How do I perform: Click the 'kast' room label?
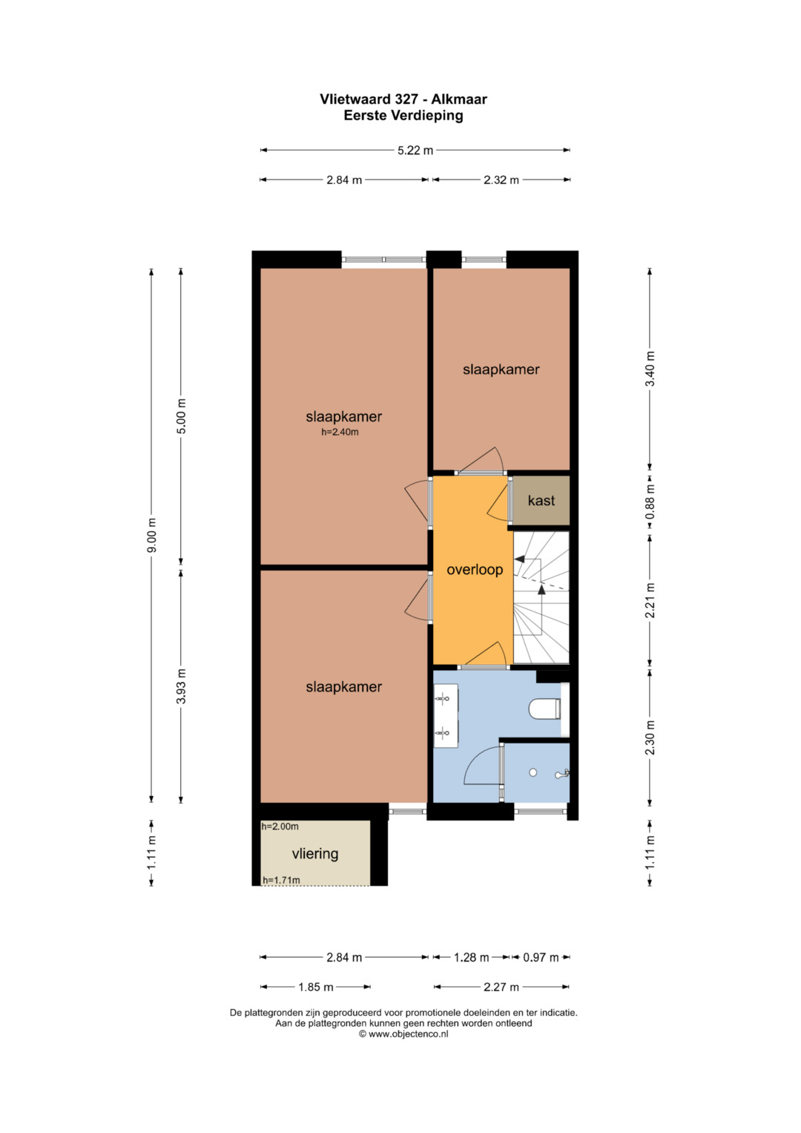pos(541,501)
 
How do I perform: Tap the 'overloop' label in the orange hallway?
pos(475,570)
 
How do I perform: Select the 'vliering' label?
pos(315,854)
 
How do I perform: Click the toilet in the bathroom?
pos(544,708)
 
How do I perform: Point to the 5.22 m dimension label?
pos(415,150)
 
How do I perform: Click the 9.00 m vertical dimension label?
pos(152,536)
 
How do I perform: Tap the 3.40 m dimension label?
pos(650,369)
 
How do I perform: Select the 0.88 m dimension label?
pos(650,502)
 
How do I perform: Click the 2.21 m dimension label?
pos(650,600)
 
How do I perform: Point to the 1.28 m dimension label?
pos(471,957)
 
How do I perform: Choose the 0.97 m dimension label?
pos(541,957)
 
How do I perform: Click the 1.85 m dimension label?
pos(315,987)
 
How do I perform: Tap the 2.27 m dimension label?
pos(501,987)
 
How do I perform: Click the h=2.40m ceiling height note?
pos(340,433)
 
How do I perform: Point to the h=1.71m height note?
pos(281,880)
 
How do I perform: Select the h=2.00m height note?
pos(280,827)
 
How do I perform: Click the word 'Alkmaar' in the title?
pos(459,99)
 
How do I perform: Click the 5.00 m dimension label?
pos(182,416)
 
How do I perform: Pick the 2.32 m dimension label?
pos(501,180)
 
